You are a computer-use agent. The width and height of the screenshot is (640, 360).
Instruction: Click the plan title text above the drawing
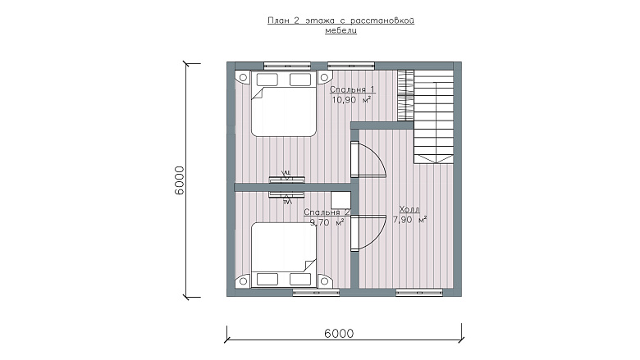click(341, 25)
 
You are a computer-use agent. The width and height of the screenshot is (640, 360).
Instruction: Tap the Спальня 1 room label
click(352, 89)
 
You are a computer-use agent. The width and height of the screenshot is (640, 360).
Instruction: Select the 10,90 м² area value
click(351, 100)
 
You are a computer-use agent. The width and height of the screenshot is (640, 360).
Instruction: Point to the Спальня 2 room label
click(327, 212)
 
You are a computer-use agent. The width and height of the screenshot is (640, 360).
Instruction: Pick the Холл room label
click(409, 210)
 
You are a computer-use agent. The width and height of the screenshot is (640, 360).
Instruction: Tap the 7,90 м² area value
click(409, 220)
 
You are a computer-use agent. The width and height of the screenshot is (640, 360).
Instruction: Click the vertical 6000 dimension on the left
click(179, 180)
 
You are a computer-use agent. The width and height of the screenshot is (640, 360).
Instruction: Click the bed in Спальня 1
click(284, 103)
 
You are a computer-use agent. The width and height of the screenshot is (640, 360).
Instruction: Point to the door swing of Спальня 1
click(368, 159)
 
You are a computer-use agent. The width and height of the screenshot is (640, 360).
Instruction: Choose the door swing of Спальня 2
click(368, 233)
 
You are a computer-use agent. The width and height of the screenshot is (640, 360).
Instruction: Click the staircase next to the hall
click(434, 117)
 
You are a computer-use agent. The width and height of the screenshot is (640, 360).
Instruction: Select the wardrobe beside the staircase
click(405, 95)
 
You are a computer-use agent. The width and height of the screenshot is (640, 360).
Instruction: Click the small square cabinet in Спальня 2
click(341, 200)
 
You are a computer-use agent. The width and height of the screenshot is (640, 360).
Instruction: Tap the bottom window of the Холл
click(419, 292)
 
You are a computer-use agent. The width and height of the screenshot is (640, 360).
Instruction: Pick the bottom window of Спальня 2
click(317, 292)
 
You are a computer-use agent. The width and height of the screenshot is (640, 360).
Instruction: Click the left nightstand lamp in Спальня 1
click(243, 77)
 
